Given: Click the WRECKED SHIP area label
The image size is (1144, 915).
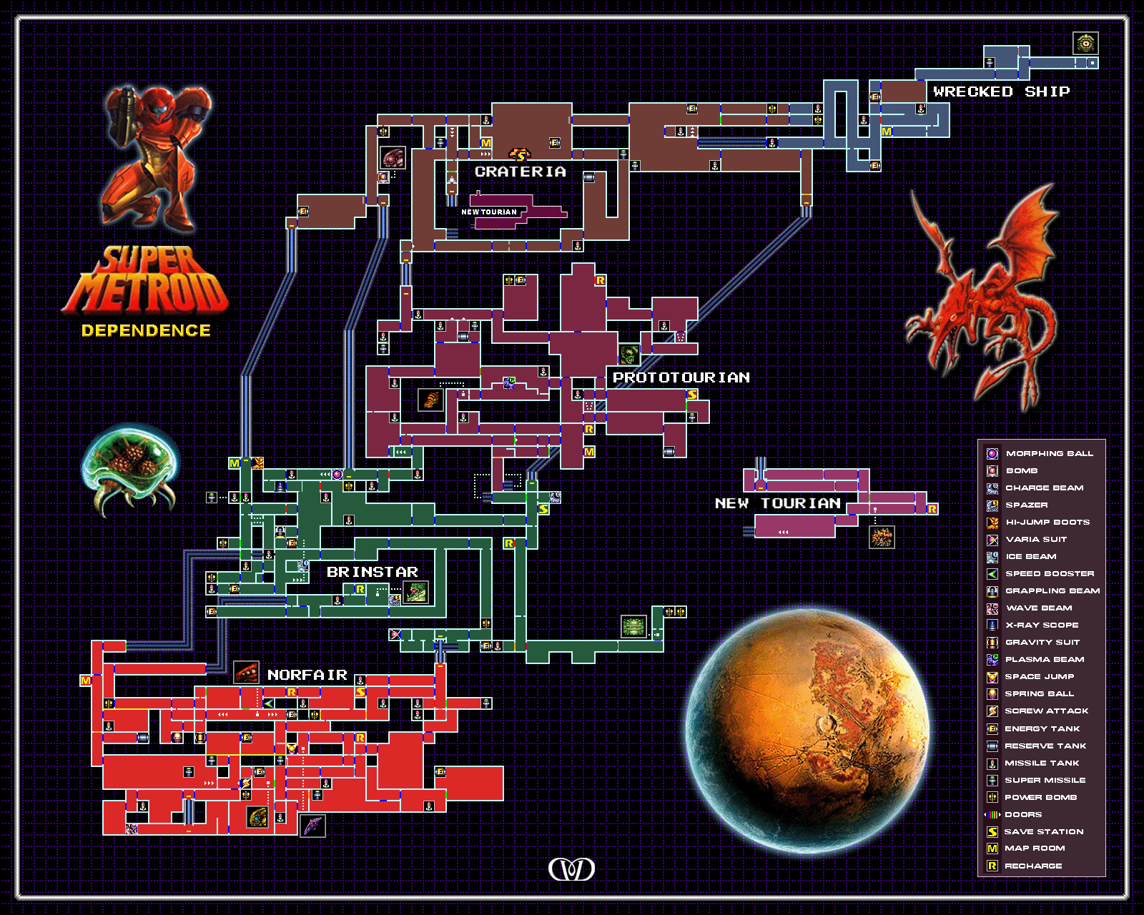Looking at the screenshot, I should (x=1001, y=91).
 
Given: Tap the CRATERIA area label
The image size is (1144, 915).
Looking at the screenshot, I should (x=520, y=172).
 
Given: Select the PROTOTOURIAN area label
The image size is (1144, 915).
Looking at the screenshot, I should (x=681, y=377).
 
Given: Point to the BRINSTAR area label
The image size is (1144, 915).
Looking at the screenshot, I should (x=372, y=572).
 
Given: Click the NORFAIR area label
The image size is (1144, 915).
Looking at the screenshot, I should (x=307, y=675).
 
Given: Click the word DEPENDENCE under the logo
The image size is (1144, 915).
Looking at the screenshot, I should (x=146, y=330).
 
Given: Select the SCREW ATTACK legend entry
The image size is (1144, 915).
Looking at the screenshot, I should (x=1046, y=711).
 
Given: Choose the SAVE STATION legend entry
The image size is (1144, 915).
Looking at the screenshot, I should (x=1043, y=831).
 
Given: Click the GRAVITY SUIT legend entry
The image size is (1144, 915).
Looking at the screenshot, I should (x=1042, y=642).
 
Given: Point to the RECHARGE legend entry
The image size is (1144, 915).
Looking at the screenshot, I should (x=1033, y=866).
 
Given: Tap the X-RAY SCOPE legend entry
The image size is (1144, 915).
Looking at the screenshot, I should (x=1041, y=625).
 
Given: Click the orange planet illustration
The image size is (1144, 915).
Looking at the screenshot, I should (x=808, y=729).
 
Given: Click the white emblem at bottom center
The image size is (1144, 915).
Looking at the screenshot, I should (x=571, y=869).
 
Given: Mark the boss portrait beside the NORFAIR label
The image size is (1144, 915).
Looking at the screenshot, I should (x=246, y=673).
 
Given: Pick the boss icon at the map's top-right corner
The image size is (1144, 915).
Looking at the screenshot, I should (x=1085, y=43).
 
